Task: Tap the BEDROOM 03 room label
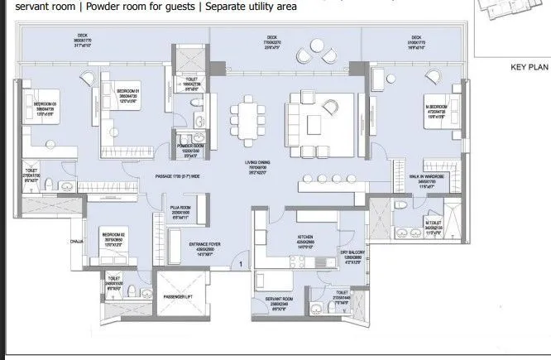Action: click(x=44, y=103)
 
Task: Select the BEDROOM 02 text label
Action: click(x=113, y=234)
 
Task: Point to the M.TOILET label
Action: click(x=434, y=222)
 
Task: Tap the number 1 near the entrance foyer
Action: click(x=241, y=264)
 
